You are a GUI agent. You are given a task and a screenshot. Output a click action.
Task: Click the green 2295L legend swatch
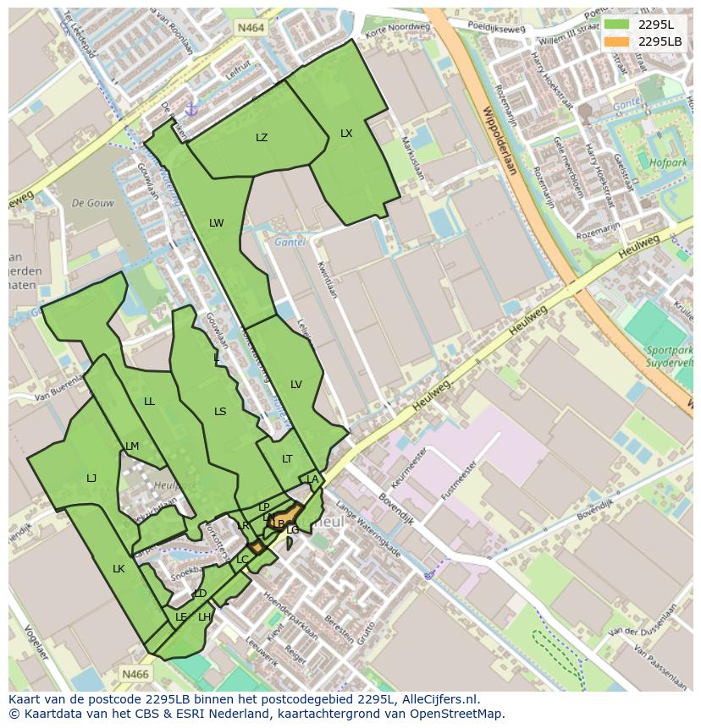pos(617,25)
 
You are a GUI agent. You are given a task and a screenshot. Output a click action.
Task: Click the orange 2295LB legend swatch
pos(617,41)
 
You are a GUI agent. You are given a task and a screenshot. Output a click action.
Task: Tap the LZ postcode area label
pos(262,138)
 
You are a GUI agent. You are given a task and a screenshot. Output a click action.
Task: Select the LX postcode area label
pos(346,134)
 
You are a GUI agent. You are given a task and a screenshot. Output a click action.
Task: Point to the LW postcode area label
pos(217,223)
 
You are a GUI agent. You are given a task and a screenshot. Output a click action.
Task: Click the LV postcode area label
pos(296,385)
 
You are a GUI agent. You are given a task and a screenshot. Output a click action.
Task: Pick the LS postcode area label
pos(220,412)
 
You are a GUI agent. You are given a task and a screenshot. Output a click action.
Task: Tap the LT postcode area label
pos(287,459)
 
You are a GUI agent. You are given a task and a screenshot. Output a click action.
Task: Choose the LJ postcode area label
pos(91,479)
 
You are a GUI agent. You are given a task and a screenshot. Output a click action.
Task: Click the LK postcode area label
pos(119,569)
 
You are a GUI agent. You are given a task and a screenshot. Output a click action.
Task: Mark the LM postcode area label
pos(132,446)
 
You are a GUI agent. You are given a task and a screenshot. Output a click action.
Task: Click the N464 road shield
pos(251,28)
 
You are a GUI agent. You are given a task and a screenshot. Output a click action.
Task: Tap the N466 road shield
pos(135,674)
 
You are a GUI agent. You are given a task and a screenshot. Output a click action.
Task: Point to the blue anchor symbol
pos(191,109)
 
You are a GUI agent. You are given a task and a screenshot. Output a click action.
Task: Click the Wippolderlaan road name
pos(499,140)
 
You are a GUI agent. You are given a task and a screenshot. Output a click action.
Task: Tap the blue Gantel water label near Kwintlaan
pos(290,243)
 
